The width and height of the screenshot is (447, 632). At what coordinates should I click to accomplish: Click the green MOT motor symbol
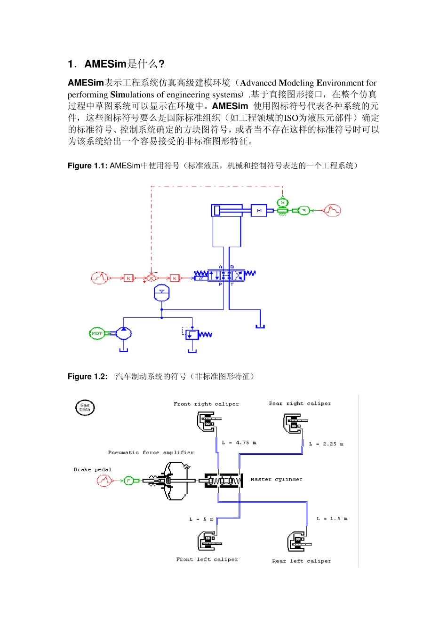97,333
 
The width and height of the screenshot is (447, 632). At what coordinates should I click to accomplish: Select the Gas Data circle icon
85,407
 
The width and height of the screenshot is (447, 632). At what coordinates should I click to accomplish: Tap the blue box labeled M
259,211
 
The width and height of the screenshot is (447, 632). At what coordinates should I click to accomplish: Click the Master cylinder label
276,479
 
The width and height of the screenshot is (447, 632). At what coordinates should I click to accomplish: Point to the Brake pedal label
92,469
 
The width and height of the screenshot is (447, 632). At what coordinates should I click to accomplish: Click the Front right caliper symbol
207,421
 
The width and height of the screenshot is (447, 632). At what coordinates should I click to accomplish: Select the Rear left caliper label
301,561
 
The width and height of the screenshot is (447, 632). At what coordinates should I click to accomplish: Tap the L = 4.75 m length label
239,442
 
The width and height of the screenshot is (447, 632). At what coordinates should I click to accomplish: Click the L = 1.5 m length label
332,518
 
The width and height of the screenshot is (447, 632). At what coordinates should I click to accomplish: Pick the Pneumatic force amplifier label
151,452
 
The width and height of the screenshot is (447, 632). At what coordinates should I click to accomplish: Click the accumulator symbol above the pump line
161,292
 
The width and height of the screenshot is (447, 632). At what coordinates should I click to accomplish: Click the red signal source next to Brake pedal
104,480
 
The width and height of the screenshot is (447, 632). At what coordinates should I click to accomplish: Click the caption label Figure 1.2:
88,376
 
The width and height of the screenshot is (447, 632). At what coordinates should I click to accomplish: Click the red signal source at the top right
333,210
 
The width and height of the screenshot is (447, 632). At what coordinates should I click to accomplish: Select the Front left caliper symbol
207,541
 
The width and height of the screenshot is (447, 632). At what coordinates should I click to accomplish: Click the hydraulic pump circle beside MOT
124,333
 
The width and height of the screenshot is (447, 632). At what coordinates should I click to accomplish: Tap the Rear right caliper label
300,403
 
